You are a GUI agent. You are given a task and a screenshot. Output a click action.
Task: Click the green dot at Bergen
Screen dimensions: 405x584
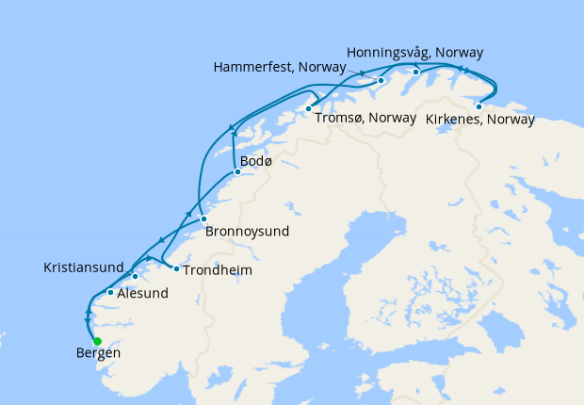click(x=97, y=341)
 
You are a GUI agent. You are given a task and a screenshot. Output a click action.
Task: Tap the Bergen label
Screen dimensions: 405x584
click(x=97, y=355)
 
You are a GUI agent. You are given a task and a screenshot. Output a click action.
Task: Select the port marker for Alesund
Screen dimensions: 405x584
click(x=111, y=292)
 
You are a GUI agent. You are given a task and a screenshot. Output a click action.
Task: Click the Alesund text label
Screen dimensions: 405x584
click(x=142, y=294)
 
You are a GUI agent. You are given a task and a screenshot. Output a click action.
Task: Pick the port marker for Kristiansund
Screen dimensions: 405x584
click(x=136, y=276)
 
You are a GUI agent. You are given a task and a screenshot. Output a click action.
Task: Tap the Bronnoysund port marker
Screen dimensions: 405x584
click(x=203, y=219)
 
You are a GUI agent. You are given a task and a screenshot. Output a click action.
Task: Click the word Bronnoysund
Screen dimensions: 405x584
click(x=247, y=231)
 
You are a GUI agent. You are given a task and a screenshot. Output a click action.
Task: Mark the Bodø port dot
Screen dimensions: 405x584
click(x=236, y=171)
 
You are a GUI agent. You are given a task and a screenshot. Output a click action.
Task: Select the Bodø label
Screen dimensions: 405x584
click(x=256, y=162)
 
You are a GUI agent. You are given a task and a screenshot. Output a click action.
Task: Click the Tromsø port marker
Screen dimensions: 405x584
click(x=308, y=109)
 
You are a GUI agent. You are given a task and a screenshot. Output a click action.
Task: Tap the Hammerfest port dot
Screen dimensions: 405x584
click(x=381, y=80)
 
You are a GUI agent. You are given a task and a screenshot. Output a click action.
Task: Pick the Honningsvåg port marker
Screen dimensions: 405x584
click(x=415, y=72)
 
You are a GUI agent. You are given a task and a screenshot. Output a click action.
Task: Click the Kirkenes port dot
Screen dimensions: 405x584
click(x=479, y=106)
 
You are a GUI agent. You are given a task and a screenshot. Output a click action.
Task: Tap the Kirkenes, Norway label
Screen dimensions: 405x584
click(x=480, y=120)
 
